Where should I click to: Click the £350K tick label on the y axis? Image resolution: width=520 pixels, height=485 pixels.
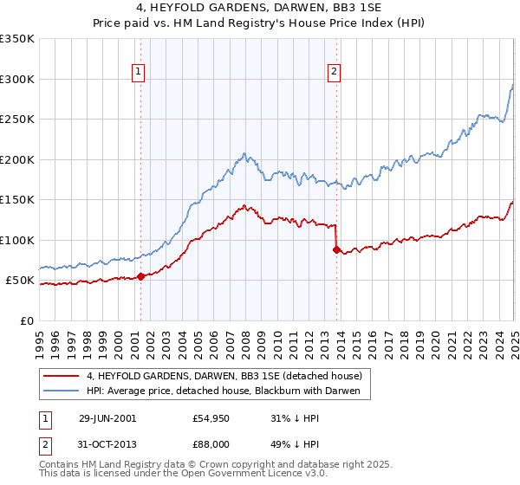point(18,39)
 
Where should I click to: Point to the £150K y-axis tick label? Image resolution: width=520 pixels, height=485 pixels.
point(18,200)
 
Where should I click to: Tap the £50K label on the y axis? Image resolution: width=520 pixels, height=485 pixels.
point(21,281)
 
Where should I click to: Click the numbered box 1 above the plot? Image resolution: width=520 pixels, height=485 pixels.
point(139,72)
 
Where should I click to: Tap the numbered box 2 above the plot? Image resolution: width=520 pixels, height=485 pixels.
point(334,72)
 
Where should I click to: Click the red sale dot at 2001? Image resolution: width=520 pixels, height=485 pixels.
point(141,276)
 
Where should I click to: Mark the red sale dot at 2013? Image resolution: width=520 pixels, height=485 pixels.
point(337,249)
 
